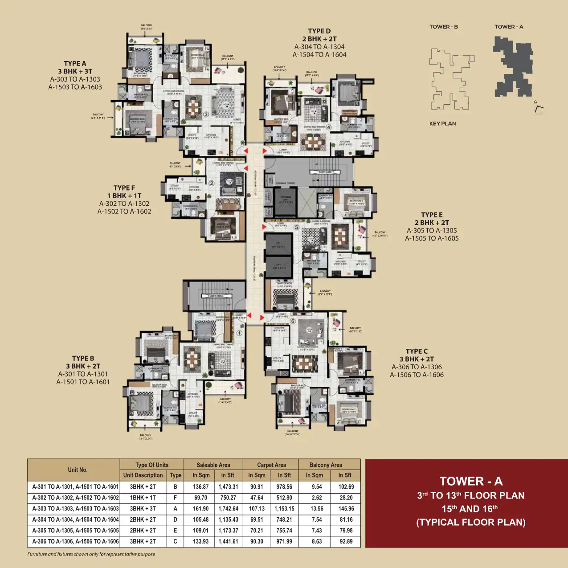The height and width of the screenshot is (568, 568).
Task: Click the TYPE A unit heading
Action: [75, 64]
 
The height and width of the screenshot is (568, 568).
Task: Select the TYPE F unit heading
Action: [124, 188]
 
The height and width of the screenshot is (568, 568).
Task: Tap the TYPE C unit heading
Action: [417, 351]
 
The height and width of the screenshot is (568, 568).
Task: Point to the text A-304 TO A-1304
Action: [319, 47]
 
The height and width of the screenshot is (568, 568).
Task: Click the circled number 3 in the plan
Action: [206, 114]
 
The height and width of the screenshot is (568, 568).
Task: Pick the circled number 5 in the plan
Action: [297, 227]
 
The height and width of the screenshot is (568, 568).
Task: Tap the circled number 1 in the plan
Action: [239, 333]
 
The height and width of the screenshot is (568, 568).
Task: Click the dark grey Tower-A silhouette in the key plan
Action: [512, 67]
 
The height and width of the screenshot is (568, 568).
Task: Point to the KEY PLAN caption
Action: [442, 123]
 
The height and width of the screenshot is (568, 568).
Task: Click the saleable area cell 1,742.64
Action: [228, 508]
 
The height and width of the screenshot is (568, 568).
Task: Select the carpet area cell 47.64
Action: [257, 498]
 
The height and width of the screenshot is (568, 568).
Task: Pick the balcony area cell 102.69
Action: [346, 486]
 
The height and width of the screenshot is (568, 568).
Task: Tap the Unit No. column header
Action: [78, 470]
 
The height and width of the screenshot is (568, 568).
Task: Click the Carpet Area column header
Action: [271, 465]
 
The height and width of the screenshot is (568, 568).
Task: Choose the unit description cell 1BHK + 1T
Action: [143, 498]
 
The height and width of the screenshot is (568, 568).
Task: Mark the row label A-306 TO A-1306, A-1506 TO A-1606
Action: [75, 541]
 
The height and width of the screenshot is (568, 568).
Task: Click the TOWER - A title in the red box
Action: [470, 481]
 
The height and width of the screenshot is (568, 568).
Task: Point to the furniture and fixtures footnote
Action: [91, 554]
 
